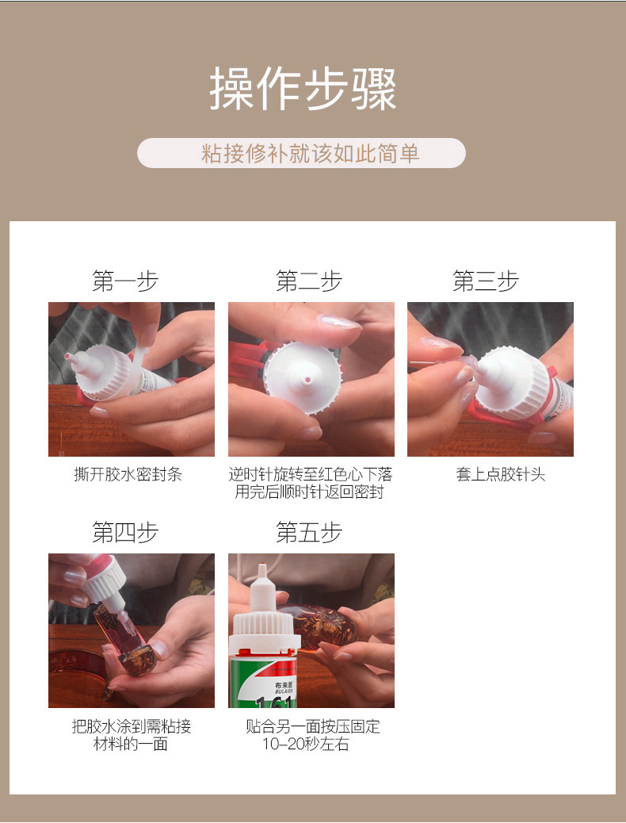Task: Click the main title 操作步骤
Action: click(x=303, y=90)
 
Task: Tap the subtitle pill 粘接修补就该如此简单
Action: click(x=301, y=153)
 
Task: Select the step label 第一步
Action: click(x=125, y=281)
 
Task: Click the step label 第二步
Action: click(x=309, y=281)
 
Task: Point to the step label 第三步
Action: click(x=486, y=281)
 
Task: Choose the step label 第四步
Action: click(x=125, y=533)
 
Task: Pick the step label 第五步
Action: click(x=309, y=533)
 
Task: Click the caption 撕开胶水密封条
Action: click(x=128, y=475)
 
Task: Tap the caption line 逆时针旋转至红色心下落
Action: click(x=311, y=475)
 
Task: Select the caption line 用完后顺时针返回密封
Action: click(x=311, y=492)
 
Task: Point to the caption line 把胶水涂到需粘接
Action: click(x=132, y=726)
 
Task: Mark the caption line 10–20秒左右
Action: click(x=306, y=745)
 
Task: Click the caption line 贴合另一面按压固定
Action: click(x=312, y=726)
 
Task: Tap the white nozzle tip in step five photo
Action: click(x=261, y=570)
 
